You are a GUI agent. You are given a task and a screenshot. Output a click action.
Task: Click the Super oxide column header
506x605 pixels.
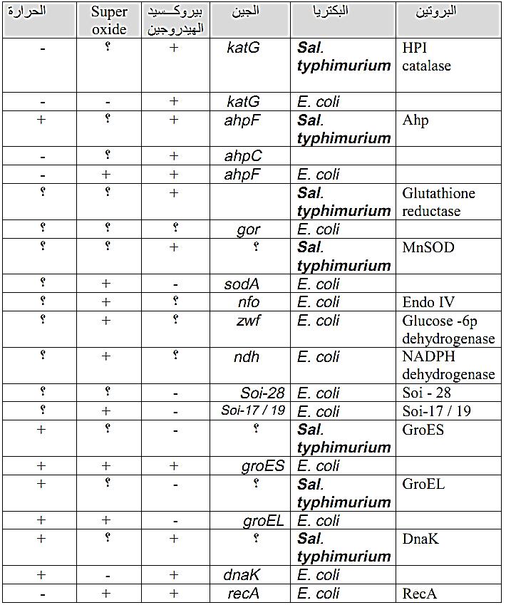pyautogui.click(x=109, y=20)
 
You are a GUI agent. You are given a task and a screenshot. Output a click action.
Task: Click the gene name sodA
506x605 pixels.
pyautogui.click(x=242, y=284)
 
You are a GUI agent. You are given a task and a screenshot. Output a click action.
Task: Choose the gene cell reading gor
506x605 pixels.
pyautogui.click(x=248, y=229)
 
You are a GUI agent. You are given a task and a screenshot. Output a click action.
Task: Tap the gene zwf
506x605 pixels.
pyautogui.click(x=248, y=321)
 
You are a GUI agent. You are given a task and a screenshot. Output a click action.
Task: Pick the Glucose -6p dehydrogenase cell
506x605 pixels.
pyautogui.click(x=448, y=329)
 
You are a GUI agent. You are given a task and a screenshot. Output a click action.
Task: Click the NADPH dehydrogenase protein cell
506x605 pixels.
pyautogui.click(x=448, y=366)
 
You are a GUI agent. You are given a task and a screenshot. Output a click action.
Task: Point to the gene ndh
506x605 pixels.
pyautogui.click(x=247, y=357)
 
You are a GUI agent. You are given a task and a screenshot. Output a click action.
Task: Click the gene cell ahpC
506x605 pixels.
pyautogui.click(x=243, y=156)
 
